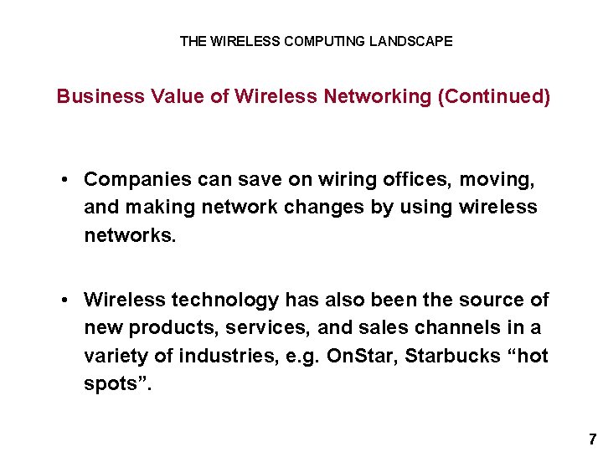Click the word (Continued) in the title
click(494, 97)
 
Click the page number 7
click(592, 439)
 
